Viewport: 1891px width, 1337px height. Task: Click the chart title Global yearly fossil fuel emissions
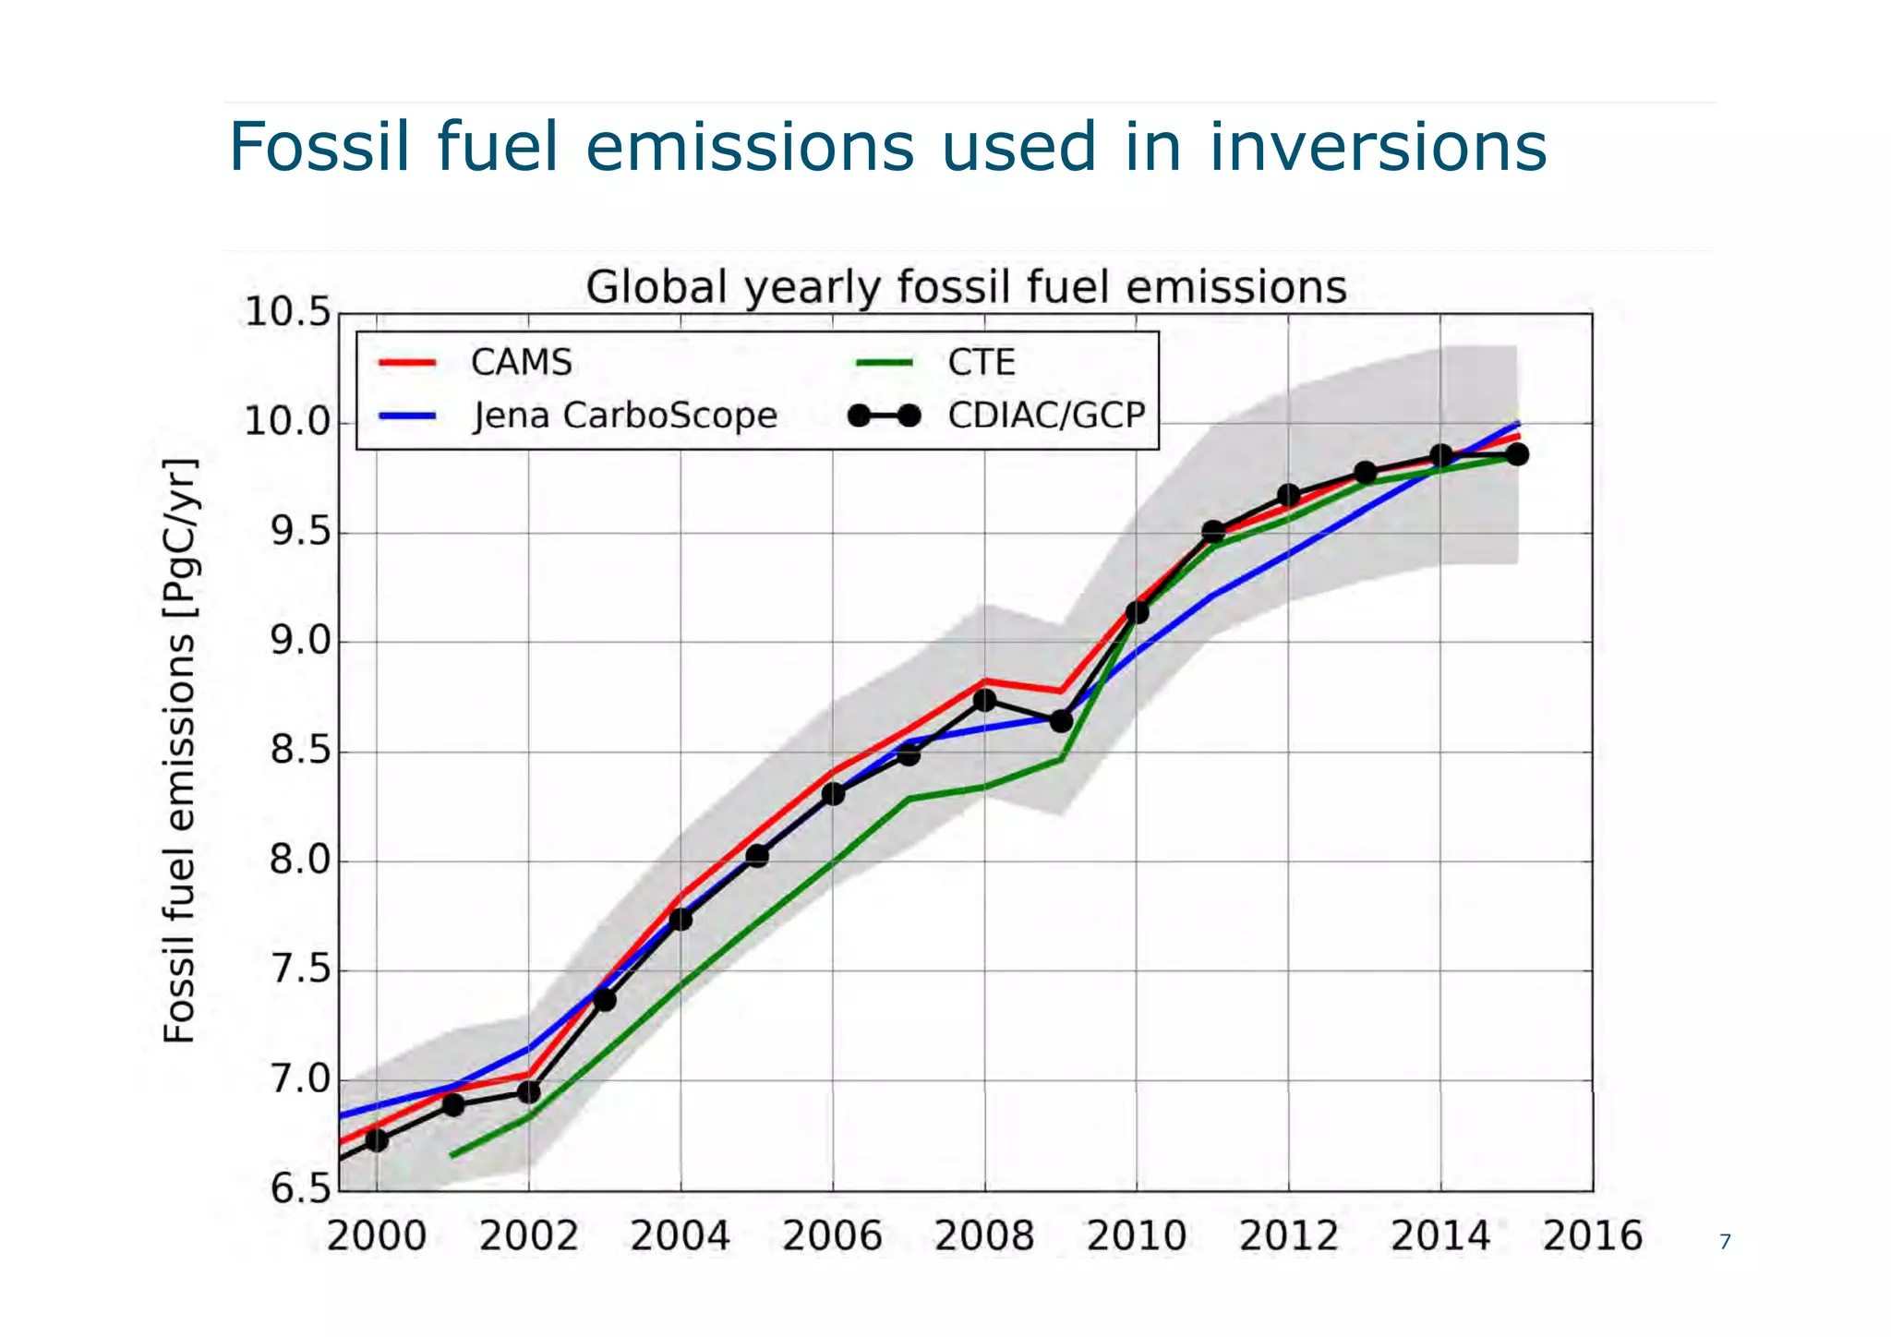click(966, 287)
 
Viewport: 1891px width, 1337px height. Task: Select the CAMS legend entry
click(521, 362)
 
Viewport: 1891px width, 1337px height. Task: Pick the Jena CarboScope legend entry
click(624, 416)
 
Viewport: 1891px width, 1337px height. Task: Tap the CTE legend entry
click(981, 362)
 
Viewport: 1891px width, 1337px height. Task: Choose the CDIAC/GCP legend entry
click(1045, 416)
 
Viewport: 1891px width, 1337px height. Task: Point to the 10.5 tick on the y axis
click(287, 313)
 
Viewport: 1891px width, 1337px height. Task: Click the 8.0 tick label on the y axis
click(299, 861)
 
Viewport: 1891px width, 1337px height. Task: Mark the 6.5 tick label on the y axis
click(299, 1189)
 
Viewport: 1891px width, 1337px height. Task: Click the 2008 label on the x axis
click(984, 1236)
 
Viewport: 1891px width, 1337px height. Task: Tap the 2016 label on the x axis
click(1592, 1236)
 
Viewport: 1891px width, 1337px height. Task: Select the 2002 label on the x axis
click(528, 1236)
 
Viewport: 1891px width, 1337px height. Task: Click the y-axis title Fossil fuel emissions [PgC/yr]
click(179, 751)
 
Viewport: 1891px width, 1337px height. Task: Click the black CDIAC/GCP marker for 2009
click(1061, 720)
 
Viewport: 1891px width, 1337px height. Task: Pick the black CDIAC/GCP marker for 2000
click(377, 1140)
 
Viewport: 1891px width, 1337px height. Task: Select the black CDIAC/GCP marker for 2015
click(1517, 454)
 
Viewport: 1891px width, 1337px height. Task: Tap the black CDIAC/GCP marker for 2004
click(681, 919)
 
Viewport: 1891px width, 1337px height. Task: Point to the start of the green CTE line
click(452, 1155)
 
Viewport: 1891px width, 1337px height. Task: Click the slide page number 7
click(1724, 1242)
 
